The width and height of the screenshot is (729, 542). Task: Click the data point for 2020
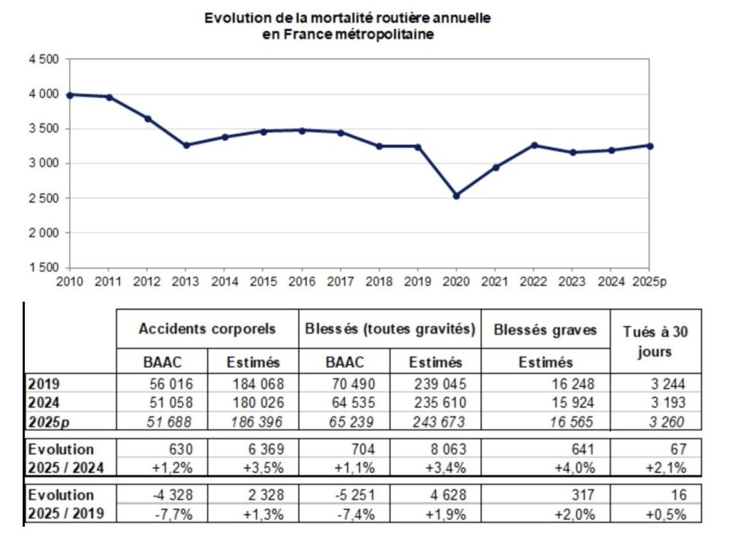456,195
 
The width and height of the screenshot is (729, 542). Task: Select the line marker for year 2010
69,95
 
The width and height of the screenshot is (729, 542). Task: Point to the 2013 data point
185,145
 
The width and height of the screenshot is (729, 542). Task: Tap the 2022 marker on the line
534,144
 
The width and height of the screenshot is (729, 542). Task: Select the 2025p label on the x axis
650,282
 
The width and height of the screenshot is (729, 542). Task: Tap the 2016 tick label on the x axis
301,282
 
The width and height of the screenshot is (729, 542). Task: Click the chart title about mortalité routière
347,26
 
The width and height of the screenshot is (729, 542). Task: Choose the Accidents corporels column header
207,329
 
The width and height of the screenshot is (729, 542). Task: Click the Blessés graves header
545,329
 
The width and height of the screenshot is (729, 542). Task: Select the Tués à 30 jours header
656,341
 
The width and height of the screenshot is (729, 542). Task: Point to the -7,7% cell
174,513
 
